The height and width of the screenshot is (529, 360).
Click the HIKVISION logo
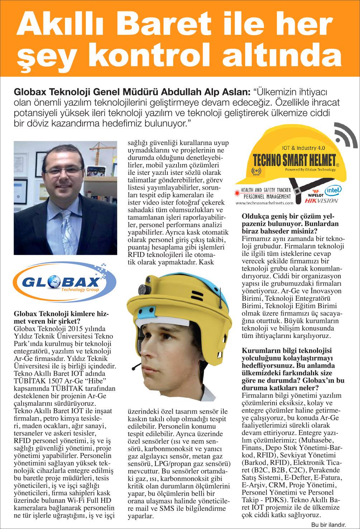(x=321, y=201)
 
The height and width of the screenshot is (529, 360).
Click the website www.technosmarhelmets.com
(x=264, y=203)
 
